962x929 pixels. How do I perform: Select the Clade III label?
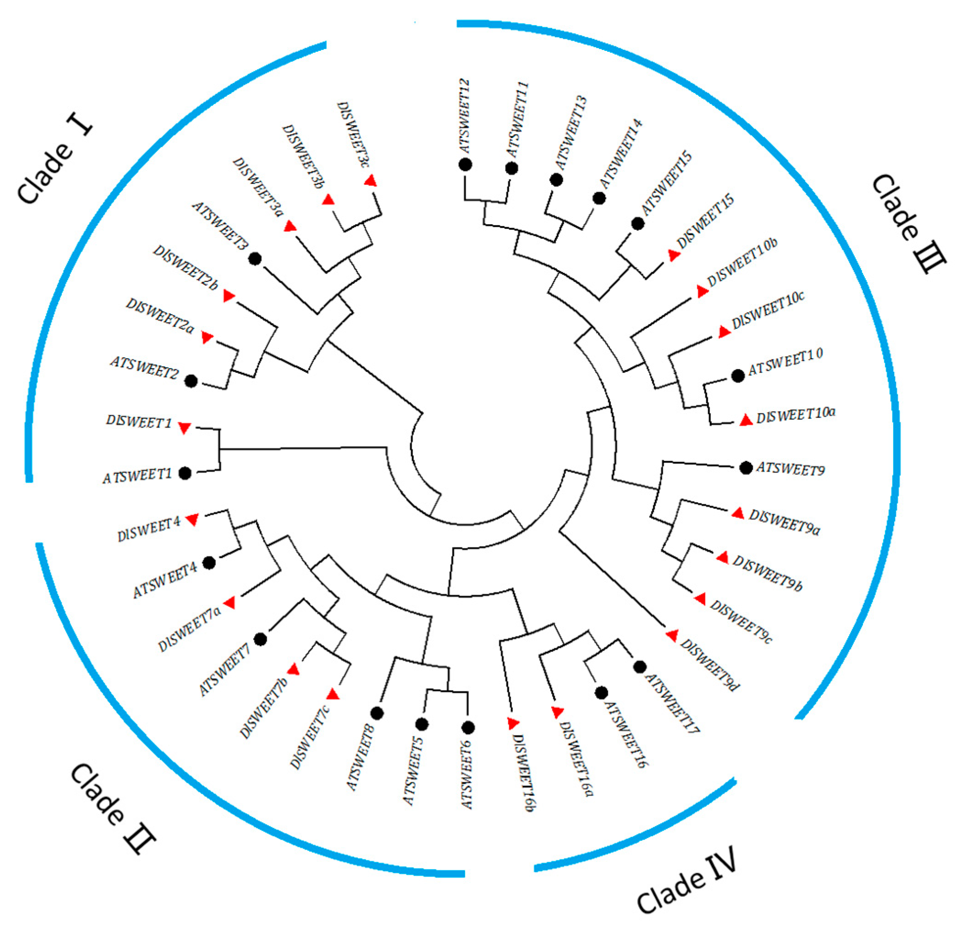click(x=908, y=224)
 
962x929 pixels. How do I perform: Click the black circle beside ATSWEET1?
click(x=185, y=473)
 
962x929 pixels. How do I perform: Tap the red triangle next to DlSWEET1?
click(x=184, y=428)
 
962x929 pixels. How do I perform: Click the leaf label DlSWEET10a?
click(x=796, y=415)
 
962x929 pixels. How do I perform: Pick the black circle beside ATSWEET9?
click(x=746, y=468)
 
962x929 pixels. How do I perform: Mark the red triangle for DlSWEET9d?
click(x=672, y=635)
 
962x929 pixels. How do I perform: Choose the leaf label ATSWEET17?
click(x=672, y=702)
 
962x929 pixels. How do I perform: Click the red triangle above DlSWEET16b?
click(x=513, y=723)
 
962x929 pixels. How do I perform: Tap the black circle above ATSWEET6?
click(x=468, y=727)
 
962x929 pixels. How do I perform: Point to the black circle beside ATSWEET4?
click(x=209, y=563)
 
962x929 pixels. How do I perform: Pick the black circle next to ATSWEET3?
click(x=255, y=258)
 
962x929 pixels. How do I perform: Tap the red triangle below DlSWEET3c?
click(x=371, y=181)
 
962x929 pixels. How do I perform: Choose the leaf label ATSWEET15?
click(x=666, y=183)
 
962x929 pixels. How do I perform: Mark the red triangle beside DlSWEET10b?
click(x=702, y=291)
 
